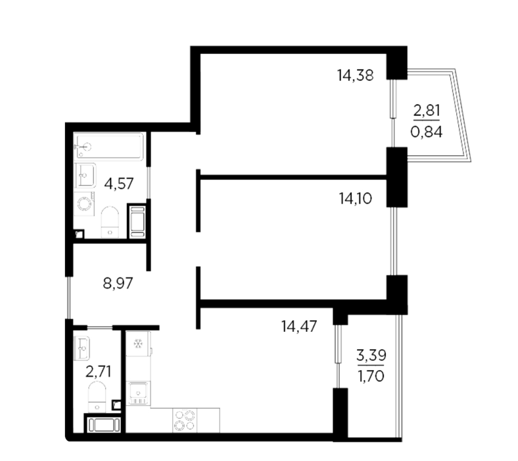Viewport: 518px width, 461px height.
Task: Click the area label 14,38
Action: [355, 76]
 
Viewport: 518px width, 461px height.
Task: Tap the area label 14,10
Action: [355, 199]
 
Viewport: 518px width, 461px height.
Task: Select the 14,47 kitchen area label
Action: [299, 326]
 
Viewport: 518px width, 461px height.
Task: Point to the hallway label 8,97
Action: [118, 283]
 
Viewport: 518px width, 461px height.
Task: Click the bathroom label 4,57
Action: [119, 183]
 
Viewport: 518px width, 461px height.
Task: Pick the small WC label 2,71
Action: [98, 371]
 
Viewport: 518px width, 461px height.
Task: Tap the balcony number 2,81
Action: [427, 110]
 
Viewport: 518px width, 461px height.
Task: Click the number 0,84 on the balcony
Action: [427, 132]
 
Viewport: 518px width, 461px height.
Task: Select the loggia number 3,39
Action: [371, 356]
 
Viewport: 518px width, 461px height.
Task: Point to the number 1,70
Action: [371, 376]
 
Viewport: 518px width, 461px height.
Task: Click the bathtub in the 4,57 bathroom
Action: [108, 146]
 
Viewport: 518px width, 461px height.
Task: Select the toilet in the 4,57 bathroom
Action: [110, 222]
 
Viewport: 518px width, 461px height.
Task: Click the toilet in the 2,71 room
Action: [97, 396]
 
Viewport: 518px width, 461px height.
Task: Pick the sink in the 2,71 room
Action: [82, 348]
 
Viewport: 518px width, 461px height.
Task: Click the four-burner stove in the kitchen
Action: [185, 420]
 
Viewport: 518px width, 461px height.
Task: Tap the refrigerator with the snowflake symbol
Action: [139, 344]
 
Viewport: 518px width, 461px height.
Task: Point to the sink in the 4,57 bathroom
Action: [85, 175]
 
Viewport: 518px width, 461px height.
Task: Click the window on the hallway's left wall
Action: [69, 297]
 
